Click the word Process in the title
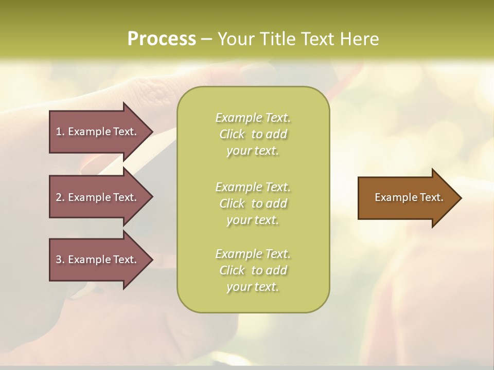point(162,39)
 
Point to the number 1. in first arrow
point(60,132)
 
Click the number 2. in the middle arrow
point(60,197)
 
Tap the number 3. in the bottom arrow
point(60,260)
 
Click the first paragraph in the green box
point(253,134)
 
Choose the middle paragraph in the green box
point(253,203)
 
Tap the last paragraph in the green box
point(253,270)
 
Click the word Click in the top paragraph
point(232,134)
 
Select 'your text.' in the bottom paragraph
point(253,287)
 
